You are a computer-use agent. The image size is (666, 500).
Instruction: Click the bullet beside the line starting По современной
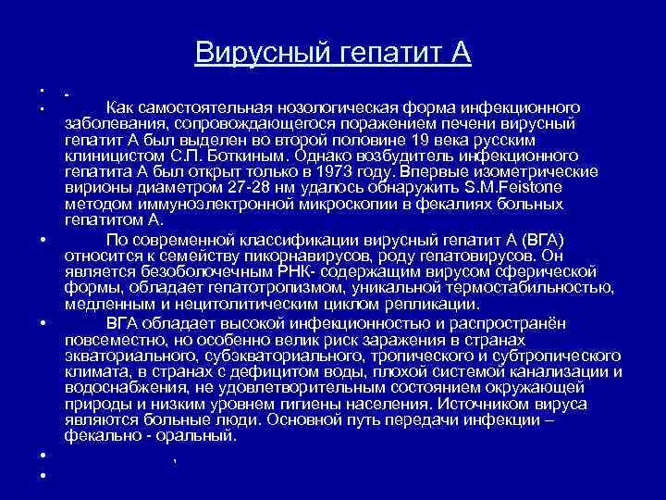[x=43, y=241]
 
